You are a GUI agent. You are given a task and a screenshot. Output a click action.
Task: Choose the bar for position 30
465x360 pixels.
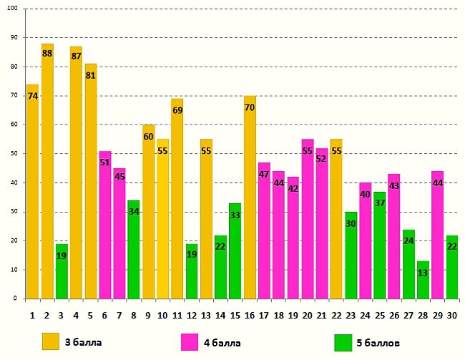(452, 268)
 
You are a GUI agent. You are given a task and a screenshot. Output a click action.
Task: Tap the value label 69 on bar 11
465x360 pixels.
(177, 110)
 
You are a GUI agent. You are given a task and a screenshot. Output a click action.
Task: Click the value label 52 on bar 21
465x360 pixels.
(322, 159)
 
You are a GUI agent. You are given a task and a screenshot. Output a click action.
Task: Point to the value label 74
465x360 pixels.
(33, 96)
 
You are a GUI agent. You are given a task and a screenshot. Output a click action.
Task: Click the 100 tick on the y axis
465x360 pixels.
(15, 9)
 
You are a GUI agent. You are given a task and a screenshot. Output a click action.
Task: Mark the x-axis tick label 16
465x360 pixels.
(250, 313)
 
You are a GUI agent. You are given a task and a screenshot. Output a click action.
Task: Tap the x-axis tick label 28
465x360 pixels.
(424, 313)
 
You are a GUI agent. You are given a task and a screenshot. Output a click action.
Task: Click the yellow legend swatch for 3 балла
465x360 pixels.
(51, 342)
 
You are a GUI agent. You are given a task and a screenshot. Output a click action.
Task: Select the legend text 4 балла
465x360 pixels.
(226, 342)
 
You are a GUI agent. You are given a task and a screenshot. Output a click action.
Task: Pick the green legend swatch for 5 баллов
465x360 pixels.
(343, 342)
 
